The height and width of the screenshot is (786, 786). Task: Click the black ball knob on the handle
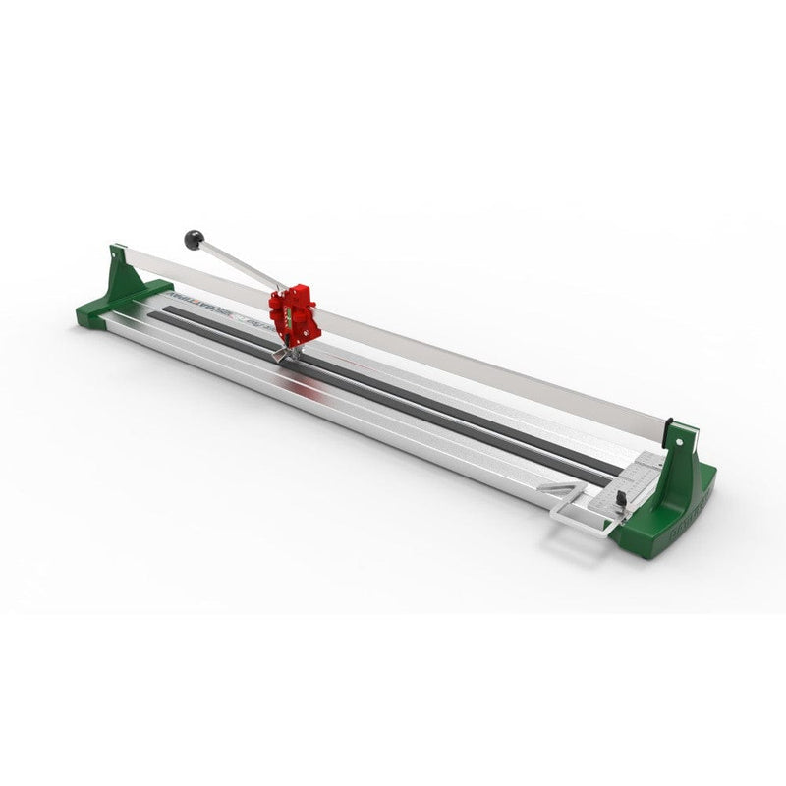(195, 239)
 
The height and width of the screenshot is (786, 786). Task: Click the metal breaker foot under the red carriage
(285, 352)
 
